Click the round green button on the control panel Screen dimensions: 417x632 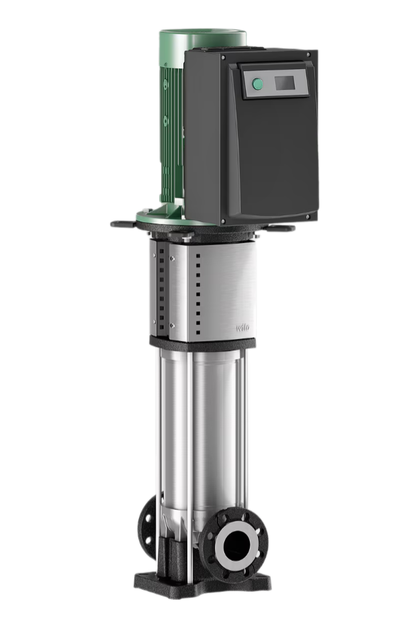(x=257, y=85)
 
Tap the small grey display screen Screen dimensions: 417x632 (x=285, y=83)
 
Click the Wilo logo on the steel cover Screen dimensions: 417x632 (x=243, y=327)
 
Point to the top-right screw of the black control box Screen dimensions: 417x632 (x=308, y=54)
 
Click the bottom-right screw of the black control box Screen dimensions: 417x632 (x=308, y=217)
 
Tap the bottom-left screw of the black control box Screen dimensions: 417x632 (x=223, y=221)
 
